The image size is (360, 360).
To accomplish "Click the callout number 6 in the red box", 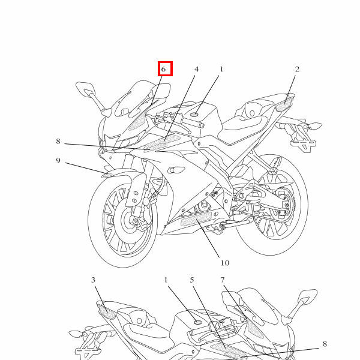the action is coord(163,69).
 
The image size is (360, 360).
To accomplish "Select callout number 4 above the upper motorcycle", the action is coord(197,69).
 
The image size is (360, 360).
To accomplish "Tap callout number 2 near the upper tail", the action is coord(297,69).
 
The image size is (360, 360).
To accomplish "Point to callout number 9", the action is coord(58,160).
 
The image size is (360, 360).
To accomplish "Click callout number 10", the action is coord(225,263).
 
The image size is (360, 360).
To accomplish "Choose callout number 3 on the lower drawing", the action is coord(93,280).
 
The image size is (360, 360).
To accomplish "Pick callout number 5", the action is coord(192,280).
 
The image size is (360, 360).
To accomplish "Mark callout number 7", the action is coord(222,280).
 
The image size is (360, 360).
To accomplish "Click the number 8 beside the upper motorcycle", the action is coord(58,141).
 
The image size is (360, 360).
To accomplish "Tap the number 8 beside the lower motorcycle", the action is coord(325,344).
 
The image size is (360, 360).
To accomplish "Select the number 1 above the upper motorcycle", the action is coord(221,69).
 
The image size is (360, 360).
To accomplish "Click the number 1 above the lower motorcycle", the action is coord(166,280).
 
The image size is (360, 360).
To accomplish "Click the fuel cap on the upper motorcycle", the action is coord(194,114).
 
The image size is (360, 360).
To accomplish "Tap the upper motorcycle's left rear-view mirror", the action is coord(85,88).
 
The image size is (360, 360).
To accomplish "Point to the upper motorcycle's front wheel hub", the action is coord(129,220).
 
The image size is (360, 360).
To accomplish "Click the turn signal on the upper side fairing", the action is coord(176,170).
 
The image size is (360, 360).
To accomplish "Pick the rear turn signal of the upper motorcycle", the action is coord(315,126).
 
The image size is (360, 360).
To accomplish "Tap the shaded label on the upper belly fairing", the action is coord(196,219).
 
